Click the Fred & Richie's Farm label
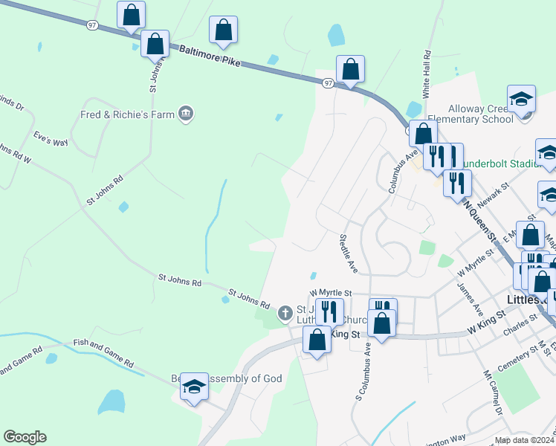(127, 114)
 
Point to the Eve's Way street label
(51, 138)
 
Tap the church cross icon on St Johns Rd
(285, 314)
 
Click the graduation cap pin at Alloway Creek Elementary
(522, 99)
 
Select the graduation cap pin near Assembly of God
(195, 387)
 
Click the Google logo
(25, 437)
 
